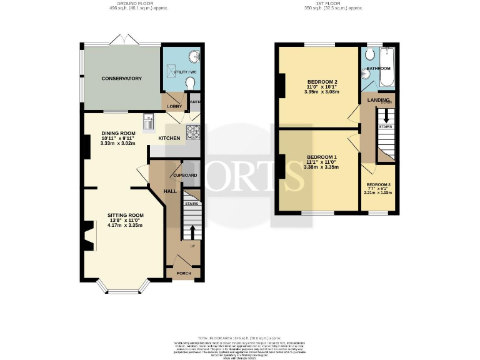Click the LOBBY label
click(x=173, y=106)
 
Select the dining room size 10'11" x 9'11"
click(x=117, y=138)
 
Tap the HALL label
click(x=169, y=191)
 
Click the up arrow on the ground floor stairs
click(x=192, y=232)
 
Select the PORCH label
click(x=184, y=273)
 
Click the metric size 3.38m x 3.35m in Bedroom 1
click(x=321, y=167)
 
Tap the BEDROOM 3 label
click(x=378, y=184)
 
